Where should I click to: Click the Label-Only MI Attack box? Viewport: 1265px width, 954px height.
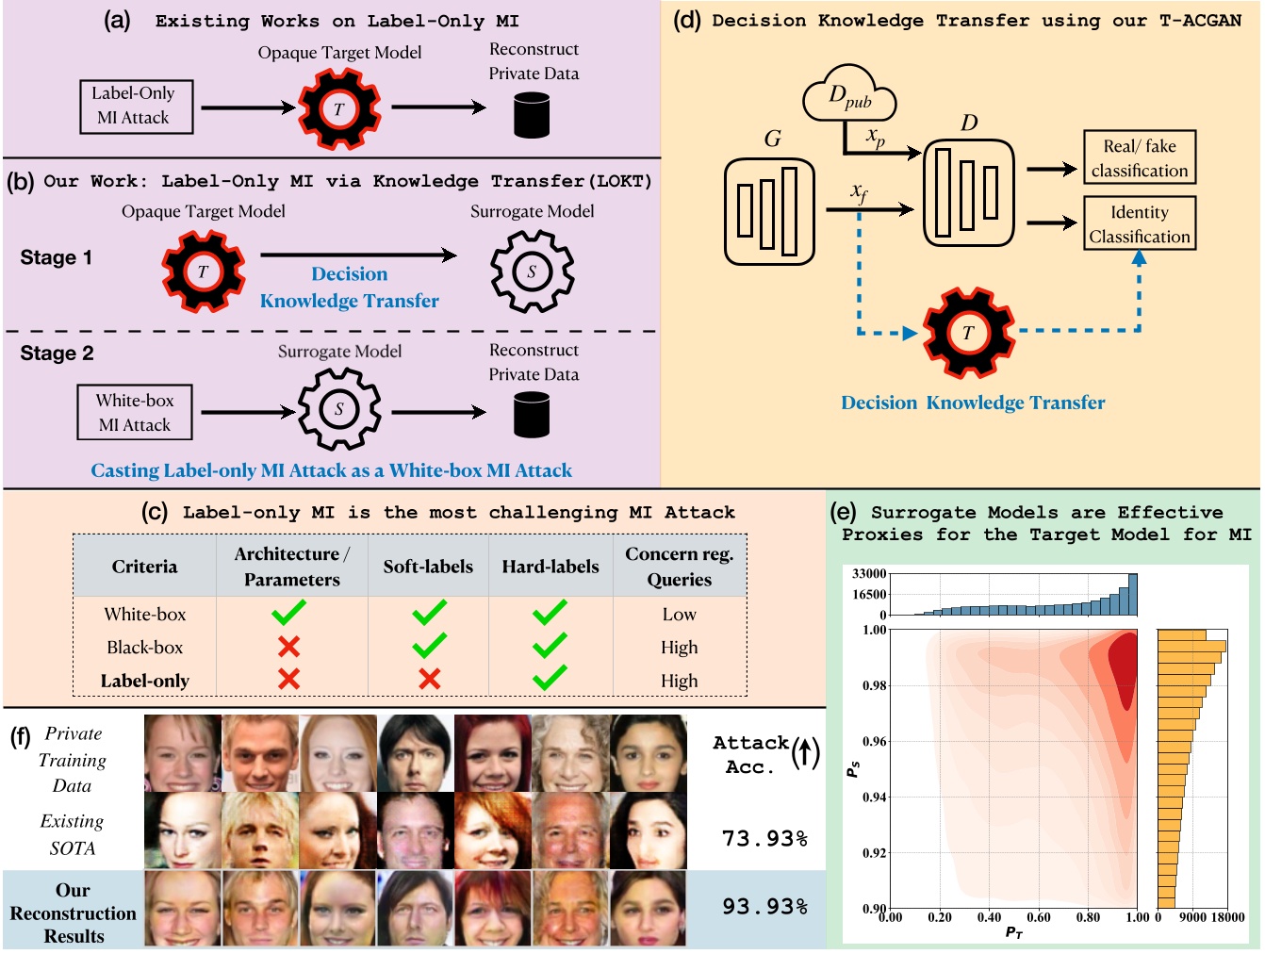pyautogui.click(x=133, y=106)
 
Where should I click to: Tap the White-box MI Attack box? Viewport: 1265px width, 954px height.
pyautogui.click(x=134, y=412)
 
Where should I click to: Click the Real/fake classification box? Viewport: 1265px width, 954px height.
pyautogui.click(x=1140, y=157)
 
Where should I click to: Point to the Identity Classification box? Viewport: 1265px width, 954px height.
pyautogui.click(x=1140, y=223)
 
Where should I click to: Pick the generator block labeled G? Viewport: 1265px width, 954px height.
pyautogui.click(x=768, y=211)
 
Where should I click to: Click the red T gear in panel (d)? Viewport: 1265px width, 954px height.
pyautogui.click(x=968, y=332)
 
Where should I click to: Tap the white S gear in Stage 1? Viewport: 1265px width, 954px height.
pyautogui.click(x=532, y=271)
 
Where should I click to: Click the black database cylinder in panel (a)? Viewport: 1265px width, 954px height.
pyautogui.click(x=532, y=115)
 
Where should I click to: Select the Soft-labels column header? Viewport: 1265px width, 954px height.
pyautogui.click(x=428, y=567)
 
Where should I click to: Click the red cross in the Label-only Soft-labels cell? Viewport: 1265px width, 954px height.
pyautogui.click(x=429, y=679)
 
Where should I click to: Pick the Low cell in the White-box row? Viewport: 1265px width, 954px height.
pyautogui.click(x=679, y=615)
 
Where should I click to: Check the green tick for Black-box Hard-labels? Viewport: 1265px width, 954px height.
pyautogui.click(x=550, y=646)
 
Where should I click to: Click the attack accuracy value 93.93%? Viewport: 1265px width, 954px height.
pyautogui.click(x=764, y=907)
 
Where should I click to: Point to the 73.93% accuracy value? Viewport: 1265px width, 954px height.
pyautogui.click(x=764, y=838)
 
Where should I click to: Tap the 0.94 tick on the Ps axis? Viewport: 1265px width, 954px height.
pyautogui.click(x=874, y=798)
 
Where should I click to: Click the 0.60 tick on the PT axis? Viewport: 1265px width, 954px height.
pyautogui.click(x=1038, y=917)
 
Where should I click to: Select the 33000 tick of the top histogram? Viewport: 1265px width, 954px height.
pyautogui.click(x=868, y=573)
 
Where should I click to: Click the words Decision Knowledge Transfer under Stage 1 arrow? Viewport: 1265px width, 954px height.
pyautogui.click(x=349, y=288)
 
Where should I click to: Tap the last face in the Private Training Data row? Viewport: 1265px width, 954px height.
pyautogui.click(x=649, y=752)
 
